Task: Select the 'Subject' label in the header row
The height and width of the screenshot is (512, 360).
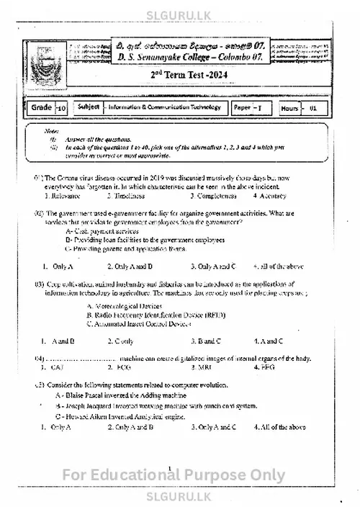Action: (88, 107)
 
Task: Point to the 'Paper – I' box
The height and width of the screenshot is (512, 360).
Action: (248, 108)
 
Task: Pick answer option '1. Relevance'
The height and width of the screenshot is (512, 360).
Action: (62, 195)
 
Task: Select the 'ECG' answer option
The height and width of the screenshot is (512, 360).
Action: (122, 367)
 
